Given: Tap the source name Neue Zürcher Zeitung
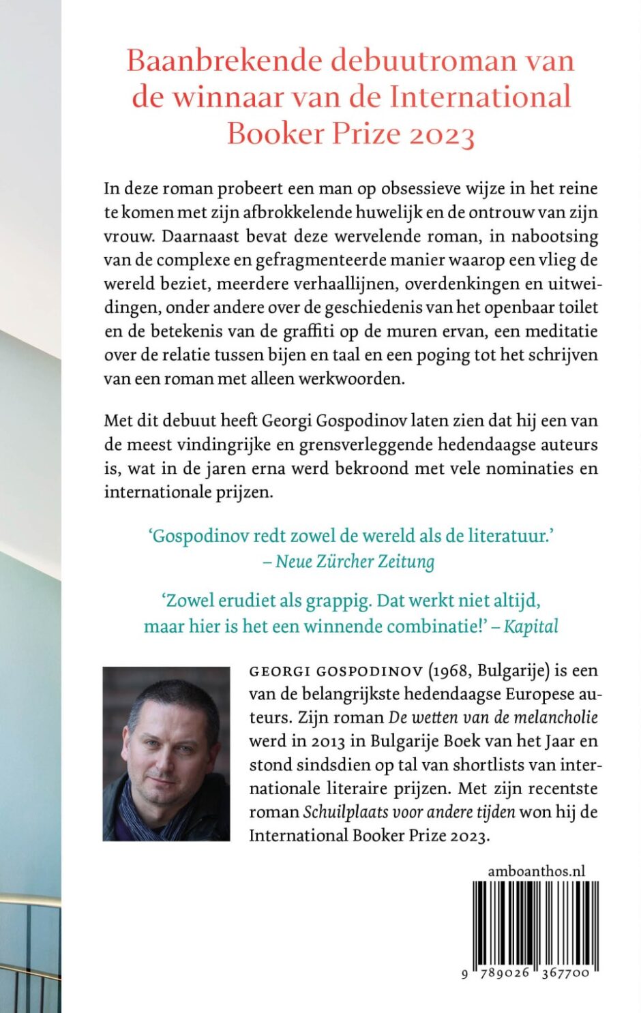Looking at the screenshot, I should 355,562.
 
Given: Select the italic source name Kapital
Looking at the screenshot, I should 531,626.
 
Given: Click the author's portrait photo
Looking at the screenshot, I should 166,753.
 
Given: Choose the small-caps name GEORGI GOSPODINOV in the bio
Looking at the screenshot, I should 336,671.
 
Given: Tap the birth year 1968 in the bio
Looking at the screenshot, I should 451,671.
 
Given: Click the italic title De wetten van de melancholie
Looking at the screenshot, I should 493,717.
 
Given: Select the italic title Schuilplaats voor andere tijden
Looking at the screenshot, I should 409,812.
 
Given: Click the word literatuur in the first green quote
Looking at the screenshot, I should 507,536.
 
